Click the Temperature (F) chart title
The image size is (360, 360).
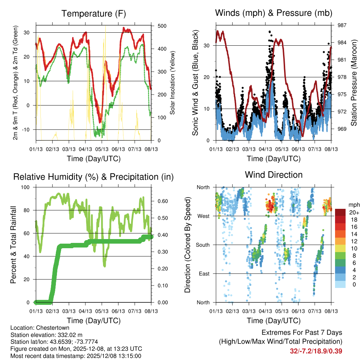tap(94, 14)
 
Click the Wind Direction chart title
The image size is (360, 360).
tap(274, 175)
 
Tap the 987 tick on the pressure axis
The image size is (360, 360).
tap(342, 25)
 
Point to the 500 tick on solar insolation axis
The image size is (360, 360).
tap(162, 26)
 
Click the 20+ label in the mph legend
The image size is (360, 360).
tap(354, 212)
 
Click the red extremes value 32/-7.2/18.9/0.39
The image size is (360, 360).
tap(316, 351)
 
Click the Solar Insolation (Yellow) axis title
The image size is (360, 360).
tap(173, 83)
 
